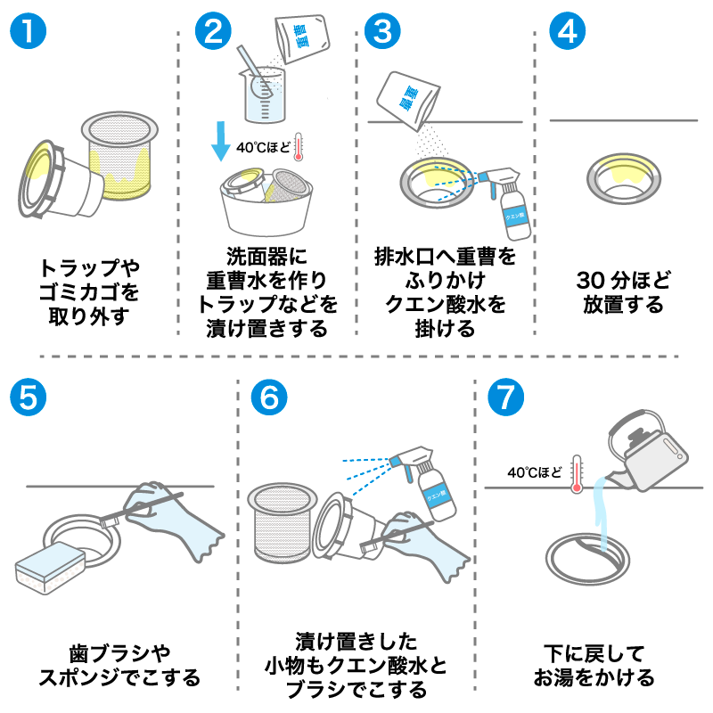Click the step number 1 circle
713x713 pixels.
point(29,31)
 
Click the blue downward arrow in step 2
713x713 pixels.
point(218,142)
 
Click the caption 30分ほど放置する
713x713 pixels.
point(623,291)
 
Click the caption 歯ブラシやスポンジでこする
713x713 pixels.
point(119,665)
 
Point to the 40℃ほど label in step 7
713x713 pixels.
point(535,471)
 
